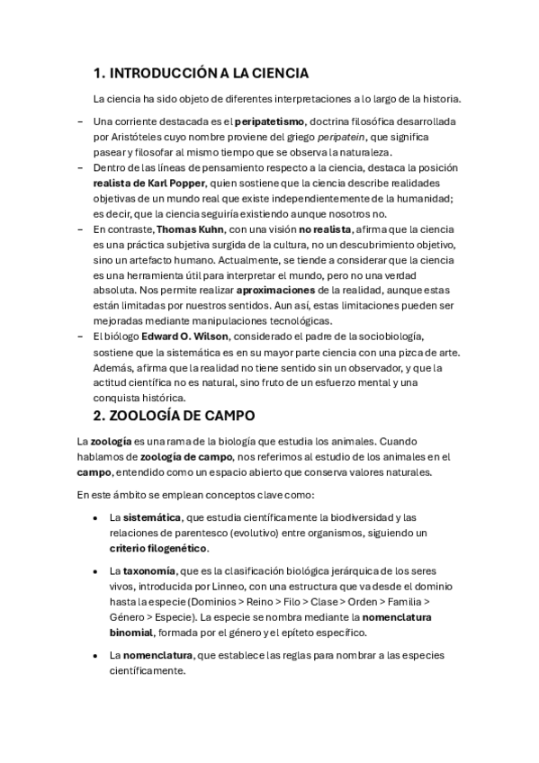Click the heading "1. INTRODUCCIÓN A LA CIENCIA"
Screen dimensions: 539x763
point(201,73)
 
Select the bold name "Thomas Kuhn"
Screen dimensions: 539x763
point(193,229)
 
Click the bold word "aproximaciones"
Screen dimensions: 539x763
point(275,291)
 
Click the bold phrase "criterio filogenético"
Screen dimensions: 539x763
point(158,548)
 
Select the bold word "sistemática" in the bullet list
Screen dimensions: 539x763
point(150,517)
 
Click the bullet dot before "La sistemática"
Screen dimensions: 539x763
point(95,518)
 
